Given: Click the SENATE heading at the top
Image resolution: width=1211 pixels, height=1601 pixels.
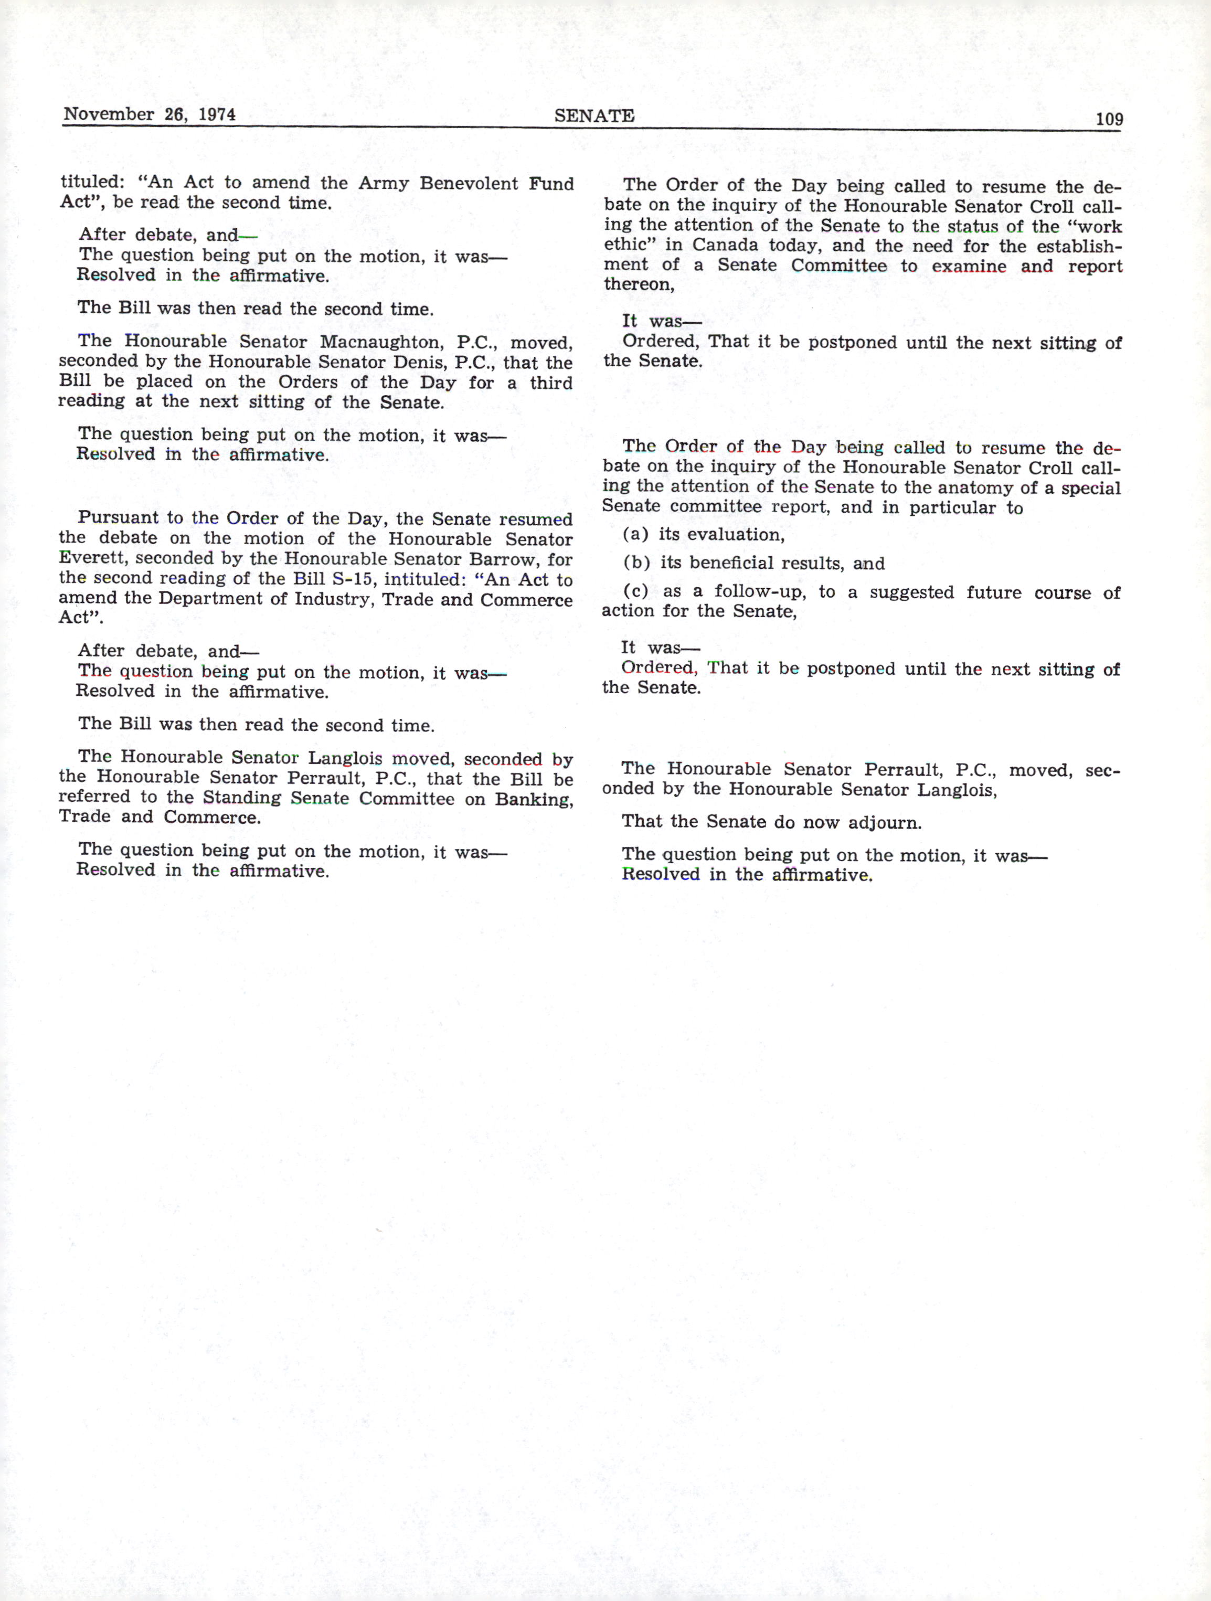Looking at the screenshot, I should [594, 116].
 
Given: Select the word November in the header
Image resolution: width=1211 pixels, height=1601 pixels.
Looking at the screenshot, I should [109, 114].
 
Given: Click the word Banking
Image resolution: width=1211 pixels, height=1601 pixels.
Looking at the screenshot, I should [534, 799].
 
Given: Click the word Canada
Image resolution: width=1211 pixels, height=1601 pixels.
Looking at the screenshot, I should [725, 246].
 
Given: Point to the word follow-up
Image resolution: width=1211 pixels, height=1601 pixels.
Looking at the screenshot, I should [759, 592].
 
